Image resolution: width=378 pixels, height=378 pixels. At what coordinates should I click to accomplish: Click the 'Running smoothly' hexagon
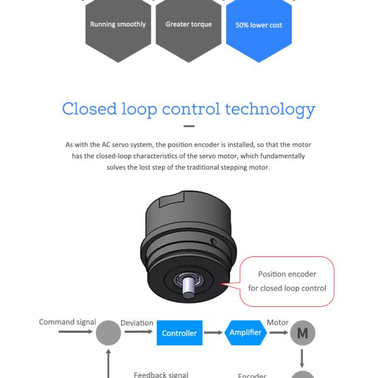tap(118, 29)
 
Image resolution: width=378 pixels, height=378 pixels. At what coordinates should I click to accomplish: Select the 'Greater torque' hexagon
tap(188, 29)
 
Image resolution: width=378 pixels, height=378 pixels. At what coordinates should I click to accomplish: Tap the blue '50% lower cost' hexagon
tap(259, 29)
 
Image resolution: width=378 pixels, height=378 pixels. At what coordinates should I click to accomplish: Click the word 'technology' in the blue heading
tap(270, 110)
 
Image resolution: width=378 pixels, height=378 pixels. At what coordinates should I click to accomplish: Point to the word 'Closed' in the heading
tap(89, 108)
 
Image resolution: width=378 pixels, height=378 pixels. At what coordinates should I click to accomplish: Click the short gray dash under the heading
tap(189, 126)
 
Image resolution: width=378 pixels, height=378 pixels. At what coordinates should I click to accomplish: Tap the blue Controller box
tap(180, 333)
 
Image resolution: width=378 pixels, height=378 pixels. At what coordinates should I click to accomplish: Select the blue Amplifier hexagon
tap(246, 333)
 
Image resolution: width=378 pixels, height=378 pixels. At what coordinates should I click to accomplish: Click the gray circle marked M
tap(303, 333)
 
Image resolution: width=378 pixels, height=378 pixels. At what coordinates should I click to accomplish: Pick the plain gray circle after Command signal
tap(108, 333)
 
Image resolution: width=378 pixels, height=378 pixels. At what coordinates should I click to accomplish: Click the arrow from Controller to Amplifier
tap(213, 333)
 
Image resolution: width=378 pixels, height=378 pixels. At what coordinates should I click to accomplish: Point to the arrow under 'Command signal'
tap(76, 332)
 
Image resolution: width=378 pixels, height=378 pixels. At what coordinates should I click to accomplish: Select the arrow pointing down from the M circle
tap(302, 358)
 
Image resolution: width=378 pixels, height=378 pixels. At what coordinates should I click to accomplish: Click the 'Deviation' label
tap(137, 323)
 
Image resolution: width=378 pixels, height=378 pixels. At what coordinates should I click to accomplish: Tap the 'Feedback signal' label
tap(161, 375)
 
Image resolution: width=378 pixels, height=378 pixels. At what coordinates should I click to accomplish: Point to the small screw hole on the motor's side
tap(214, 241)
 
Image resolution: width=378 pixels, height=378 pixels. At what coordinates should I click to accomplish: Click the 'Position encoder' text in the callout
tap(287, 274)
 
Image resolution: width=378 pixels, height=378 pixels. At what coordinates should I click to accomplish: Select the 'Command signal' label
tap(67, 323)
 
